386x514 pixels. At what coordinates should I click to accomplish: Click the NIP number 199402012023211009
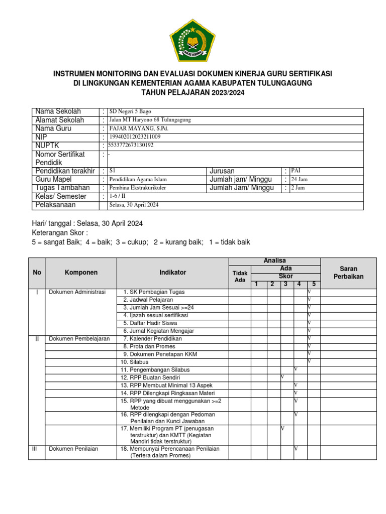pyautogui.click(x=135, y=137)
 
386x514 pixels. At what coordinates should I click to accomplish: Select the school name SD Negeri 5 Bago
pyautogui.click(x=130, y=111)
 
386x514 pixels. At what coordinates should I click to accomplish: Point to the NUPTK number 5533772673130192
pyautogui.click(x=131, y=146)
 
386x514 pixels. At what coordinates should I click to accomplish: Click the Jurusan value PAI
pyautogui.click(x=296, y=171)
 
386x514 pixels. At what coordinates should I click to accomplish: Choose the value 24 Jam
pyautogui.click(x=299, y=180)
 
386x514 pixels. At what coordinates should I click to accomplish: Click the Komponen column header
pyautogui.click(x=81, y=273)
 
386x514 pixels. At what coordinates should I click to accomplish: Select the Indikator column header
pyautogui.click(x=172, y=273)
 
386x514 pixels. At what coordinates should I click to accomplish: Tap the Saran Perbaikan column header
pyautogui.click(x=348, y=273)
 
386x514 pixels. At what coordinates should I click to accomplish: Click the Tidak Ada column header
pyautogui.click(x=240, y=277)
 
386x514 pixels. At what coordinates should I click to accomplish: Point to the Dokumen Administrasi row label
pyautogui.click(x=77, y=292)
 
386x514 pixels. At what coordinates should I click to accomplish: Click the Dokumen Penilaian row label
pyautogui.click(x=73, y=449)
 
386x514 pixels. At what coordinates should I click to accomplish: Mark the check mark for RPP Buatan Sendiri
pyautogui.click(x=282, y=377)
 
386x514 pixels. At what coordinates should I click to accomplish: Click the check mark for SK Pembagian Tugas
pyautogui.click(x=310, y=292)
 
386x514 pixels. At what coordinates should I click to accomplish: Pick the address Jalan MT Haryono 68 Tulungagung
pyautogui.click(x=150, y=120)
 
